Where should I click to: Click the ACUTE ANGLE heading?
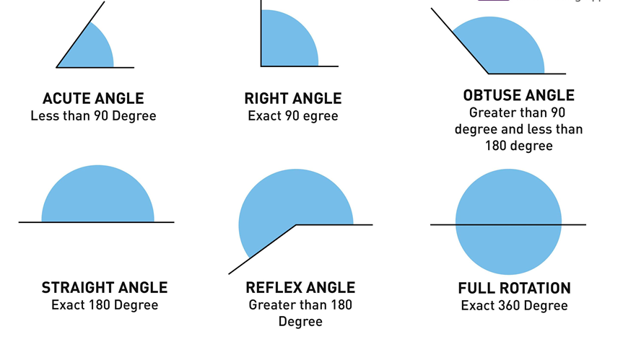[93, 99]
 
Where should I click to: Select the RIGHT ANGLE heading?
[293, 99]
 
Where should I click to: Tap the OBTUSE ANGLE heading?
[519, 95]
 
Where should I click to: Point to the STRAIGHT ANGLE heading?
[105, 288]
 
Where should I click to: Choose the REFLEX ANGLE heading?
[300, 288]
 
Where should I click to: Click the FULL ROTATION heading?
[514, 289]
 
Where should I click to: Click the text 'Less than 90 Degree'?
[93, 115]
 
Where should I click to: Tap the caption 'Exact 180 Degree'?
[105, 305]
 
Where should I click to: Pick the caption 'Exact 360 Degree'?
[514, 306]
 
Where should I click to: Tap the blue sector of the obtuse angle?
[505, 47]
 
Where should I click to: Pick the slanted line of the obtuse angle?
[459, 40]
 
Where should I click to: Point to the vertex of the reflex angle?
[297, 225]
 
